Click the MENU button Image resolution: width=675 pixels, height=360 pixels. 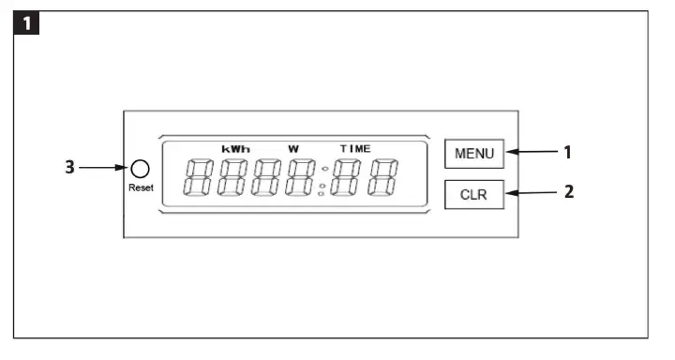pyautogui.click(x=474, y=153)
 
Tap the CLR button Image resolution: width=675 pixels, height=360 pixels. pyautogui.click(x=474, y=194)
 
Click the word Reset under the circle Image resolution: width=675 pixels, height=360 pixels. pyautogui.click(x=141, y=187)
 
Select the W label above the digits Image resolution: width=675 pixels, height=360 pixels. pyautogui.click(x=292, y=148)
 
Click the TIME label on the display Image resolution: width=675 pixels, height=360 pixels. pyautogui.click(x=355, y=148)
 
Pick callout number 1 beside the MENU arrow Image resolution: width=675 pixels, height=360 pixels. pyautogui.click(x=566, y=150)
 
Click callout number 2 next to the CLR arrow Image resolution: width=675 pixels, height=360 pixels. pyautogui.click(x=566, y=192)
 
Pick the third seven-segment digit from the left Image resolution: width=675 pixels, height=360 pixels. pyautogui.click(x=267, y=177)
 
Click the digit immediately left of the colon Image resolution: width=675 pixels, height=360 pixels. pyautogui.click(x=302, y=177)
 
